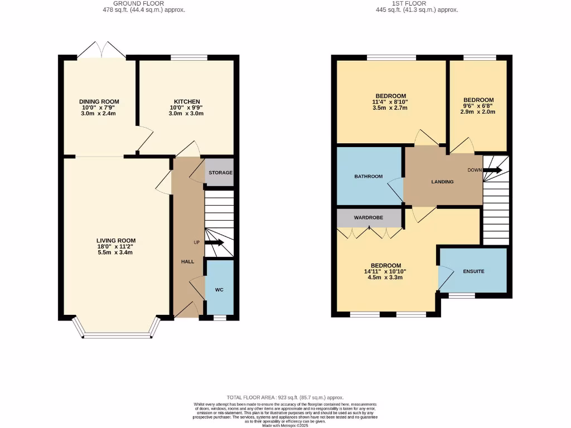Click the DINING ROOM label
click(x=99, y=101)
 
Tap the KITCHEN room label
click(x=186, y=101)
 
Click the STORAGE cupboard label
click(x=220, y=173)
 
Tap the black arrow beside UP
click(x=214, y=242)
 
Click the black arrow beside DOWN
click(x=493, y=170)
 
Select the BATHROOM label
click(x=369, y=177)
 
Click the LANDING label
click(x=442, y=182)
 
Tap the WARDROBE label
click(x=369, y=217)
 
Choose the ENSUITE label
click(x=473, y=271)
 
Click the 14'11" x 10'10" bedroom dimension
click(x=385, y=271)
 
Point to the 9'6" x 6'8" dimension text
click(x=478, y=105)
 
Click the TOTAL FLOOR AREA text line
click(x=285, y=397)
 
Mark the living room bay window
click(x=117, y=334)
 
